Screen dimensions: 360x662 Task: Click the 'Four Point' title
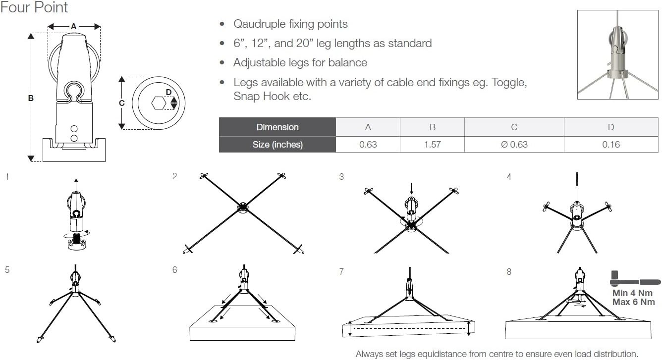[34, 7]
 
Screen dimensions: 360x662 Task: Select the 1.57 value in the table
[432, 144]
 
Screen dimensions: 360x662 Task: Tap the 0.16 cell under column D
[610, 144]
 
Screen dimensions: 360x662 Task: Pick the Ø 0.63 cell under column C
[514, 144]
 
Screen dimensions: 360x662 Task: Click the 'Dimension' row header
[277, 127]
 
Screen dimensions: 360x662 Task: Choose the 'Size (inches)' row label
[277, 144]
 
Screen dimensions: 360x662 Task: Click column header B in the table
[432, 127]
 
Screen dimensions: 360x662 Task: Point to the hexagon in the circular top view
[159, 103]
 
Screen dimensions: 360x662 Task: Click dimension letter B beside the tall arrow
[31, 99]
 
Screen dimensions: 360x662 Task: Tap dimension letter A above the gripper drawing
[74, 26]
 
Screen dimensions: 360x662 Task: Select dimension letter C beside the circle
[122, 103]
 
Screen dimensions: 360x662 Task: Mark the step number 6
[174, 270]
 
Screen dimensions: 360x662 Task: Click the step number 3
[341, 177]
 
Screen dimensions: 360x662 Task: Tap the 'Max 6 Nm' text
[633, 302]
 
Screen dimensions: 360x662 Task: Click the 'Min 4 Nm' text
[633, 293]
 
